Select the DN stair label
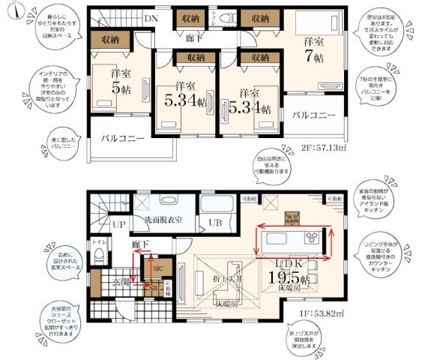coord(151,18)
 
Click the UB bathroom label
coord(216,223)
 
